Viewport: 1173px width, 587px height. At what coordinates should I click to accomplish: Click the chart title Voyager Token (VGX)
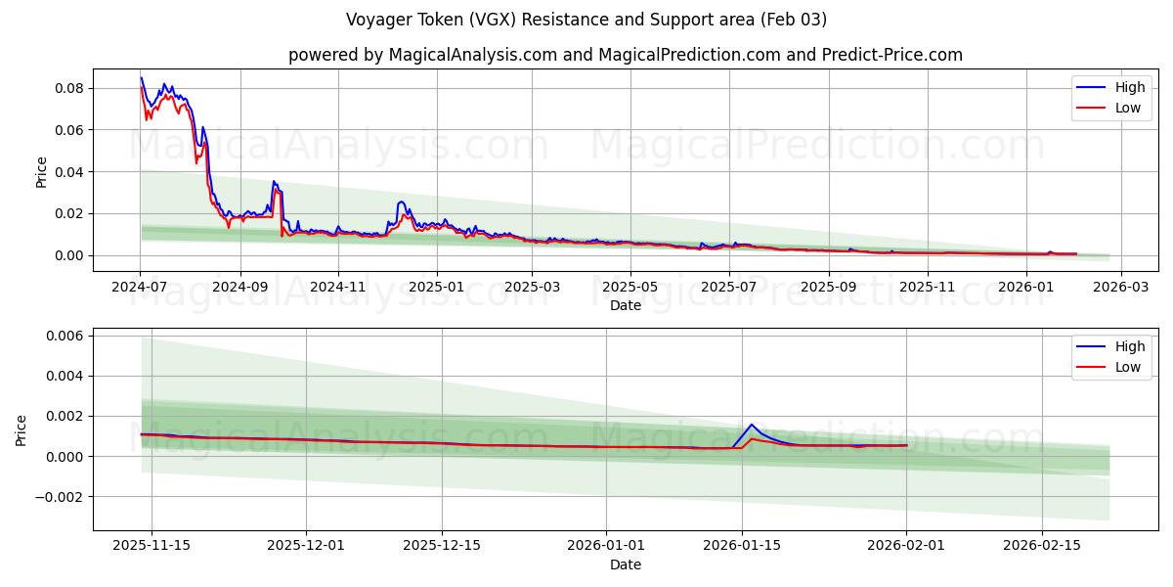pos(586,20)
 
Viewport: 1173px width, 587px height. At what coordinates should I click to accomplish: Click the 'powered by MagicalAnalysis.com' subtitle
pos(625,55)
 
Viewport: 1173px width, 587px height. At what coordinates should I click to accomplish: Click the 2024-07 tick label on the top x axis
pos(140,287)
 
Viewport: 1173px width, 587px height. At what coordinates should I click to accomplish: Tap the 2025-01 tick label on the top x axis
pos(435,287)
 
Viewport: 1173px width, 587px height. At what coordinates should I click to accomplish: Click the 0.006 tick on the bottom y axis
pos(64,336)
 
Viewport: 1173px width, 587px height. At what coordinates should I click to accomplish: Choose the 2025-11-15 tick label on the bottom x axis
pos(151,546)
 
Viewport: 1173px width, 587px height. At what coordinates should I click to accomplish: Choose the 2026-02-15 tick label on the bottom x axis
pos(1042,546)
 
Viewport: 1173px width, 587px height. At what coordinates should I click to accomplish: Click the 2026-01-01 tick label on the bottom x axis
pos(605,546)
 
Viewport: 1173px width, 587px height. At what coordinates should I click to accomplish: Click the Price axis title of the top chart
pos(41,172)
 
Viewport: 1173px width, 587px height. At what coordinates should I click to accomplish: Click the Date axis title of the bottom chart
pos(626,564)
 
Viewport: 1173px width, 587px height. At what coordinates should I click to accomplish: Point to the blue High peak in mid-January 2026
pos(751,425)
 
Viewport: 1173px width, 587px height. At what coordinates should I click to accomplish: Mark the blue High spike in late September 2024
pos(274,182)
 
